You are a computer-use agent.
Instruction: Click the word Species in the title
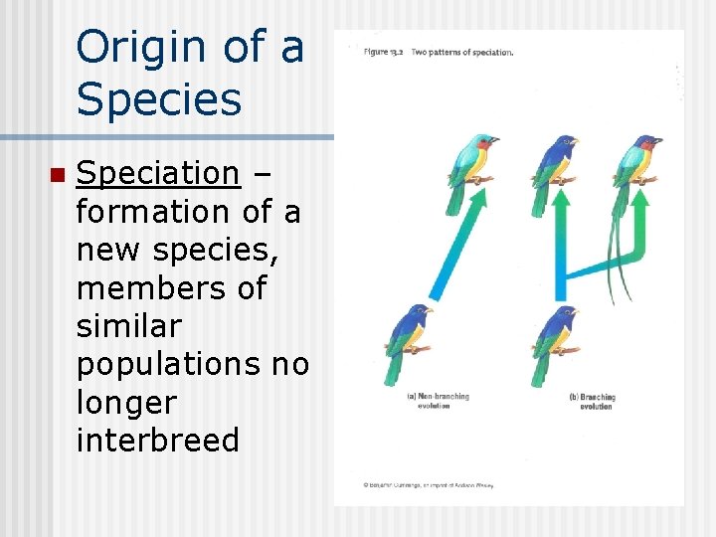pyautogui.click(x=159, y=99)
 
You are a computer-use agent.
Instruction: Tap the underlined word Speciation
pyautogui.click(x=157, y=173)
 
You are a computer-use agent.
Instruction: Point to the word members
pyautogui.click(x=156, y=288)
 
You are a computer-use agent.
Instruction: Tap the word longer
pyautogui.click(x=125, y=403)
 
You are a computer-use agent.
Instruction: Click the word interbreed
pyautogui.click(x=157, y=441)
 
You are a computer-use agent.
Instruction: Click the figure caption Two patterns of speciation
pyautogui.click(x=462, y=52)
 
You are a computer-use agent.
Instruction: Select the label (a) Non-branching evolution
pyautogui.click(x=438, y=401)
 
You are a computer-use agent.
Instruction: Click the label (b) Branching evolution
pyautogui.click(x=594, y=401)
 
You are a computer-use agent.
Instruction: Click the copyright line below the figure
pyautogui.click(x=428, y=484)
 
